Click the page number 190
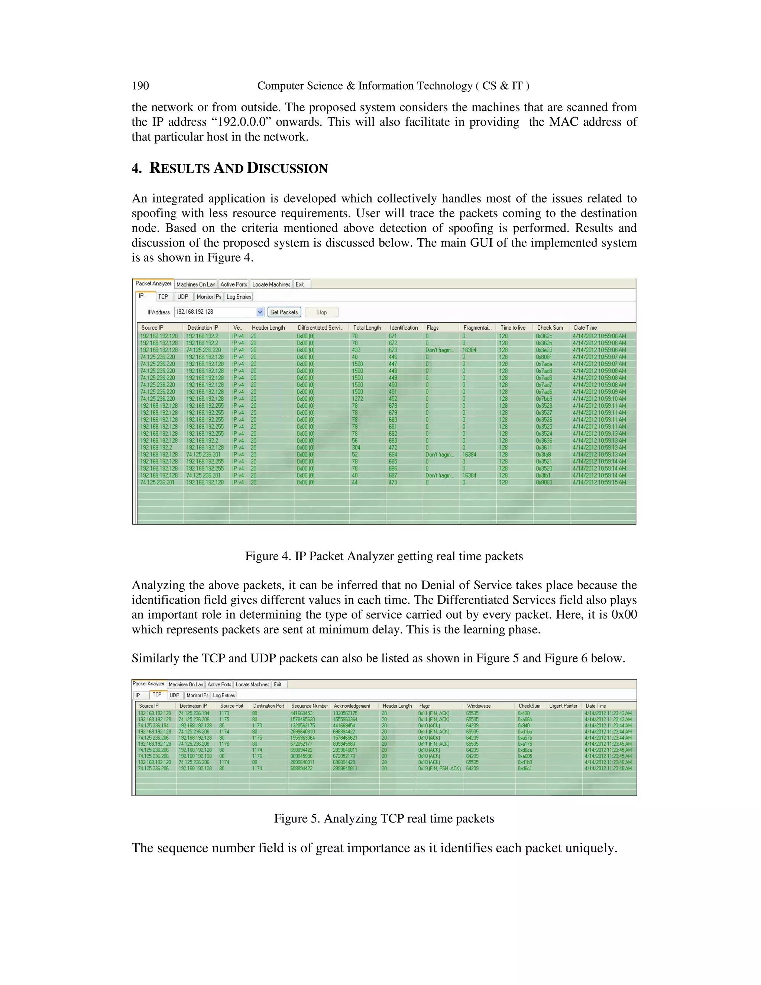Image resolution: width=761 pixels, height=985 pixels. [x=140, y=86]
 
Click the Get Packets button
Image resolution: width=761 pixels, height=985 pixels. [x=284, y=312]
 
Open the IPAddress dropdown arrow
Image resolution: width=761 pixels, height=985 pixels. [x=260, y=312]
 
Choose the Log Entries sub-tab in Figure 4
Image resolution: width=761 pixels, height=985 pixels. [x=239, y=297]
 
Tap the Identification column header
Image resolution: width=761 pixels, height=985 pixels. [x=404, y=328]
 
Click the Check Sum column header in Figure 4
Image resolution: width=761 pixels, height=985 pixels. [x=550, y=328]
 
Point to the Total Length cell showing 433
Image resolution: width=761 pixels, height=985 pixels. [x=356, y=350]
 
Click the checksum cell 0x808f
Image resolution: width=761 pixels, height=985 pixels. [x=543, y=357]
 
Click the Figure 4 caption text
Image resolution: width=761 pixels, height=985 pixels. [x=383, y=556]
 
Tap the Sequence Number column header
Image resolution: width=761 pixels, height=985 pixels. [x=309, y=706]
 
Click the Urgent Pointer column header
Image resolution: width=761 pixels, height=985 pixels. [x=563, y=706]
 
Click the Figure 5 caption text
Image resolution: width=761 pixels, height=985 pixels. [x=383, y=818]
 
